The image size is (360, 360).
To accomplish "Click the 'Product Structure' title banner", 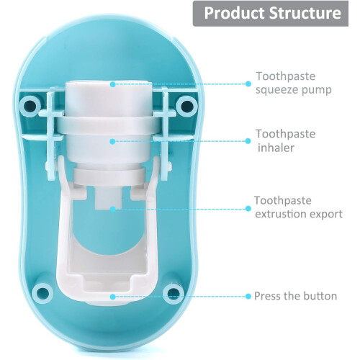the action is pyautogui.click(x=271, y=14).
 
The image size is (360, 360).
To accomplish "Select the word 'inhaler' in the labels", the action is pyautogui.click(x=276, y=148).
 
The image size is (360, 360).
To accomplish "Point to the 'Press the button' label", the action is pyautogui.click(x=295, y=296).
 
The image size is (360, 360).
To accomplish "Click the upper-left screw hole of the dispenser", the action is pyautogui.click(x=30, y=105).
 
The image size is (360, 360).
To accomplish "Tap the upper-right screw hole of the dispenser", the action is pyautogui.click(x=187, y=106).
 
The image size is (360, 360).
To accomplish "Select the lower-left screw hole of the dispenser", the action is pyautogui.click(x=42, y=294).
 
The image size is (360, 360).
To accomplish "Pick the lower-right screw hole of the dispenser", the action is pyautogui.click(x=174, y=294).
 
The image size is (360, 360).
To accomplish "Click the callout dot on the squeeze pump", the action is pyautogui.click(x=113, y=84).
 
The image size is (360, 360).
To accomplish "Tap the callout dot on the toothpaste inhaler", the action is pyautogui.click(x=112, y=142).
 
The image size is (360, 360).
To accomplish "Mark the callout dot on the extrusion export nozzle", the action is pyautogui.click(x=112, y=209).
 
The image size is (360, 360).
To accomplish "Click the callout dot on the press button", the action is pyautogui.click(x=112, y=297).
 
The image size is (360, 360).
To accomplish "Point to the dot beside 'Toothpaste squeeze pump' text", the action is pyautogui.click(x=248, y=84).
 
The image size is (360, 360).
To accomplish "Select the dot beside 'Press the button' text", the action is pyautogui.click(x=248, y=297).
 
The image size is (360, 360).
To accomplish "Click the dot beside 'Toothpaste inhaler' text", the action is pyautogui.click(x=248, y=141).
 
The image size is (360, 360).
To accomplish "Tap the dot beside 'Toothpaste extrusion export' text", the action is pyautogui.click(x=248, y=209).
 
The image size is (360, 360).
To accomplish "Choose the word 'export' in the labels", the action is pyautogui.click(x=326, y=215).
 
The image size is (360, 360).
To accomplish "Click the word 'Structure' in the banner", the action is pyautogui.click(x=305, y=13).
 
